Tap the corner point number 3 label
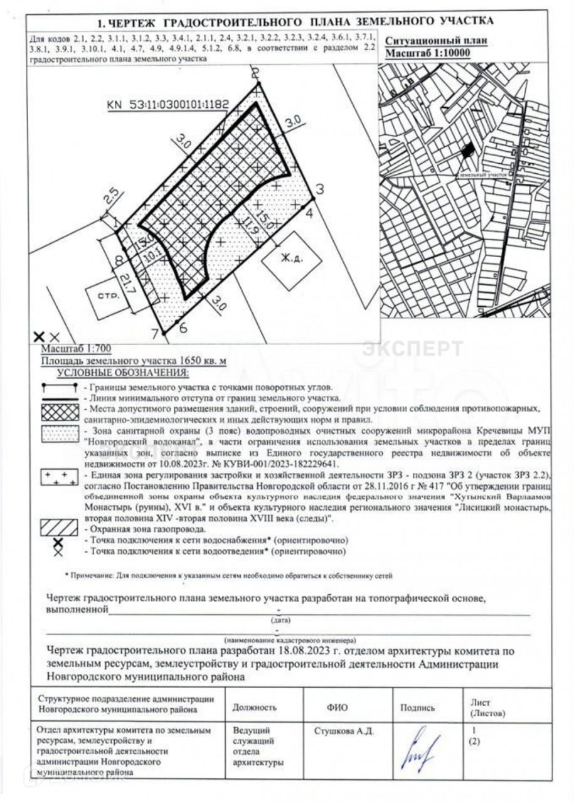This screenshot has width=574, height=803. pyautogui.click(x=319, y=188)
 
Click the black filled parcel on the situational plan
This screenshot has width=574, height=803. pyautogui.click(x=467, y=151)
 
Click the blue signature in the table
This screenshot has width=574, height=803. pyautogui.click(x=422, y=748)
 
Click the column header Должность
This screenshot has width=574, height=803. pyautogui.click(x=254, y=707)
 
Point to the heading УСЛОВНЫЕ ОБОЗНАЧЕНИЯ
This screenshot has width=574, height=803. pyautogui.click(x=122, y=373)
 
